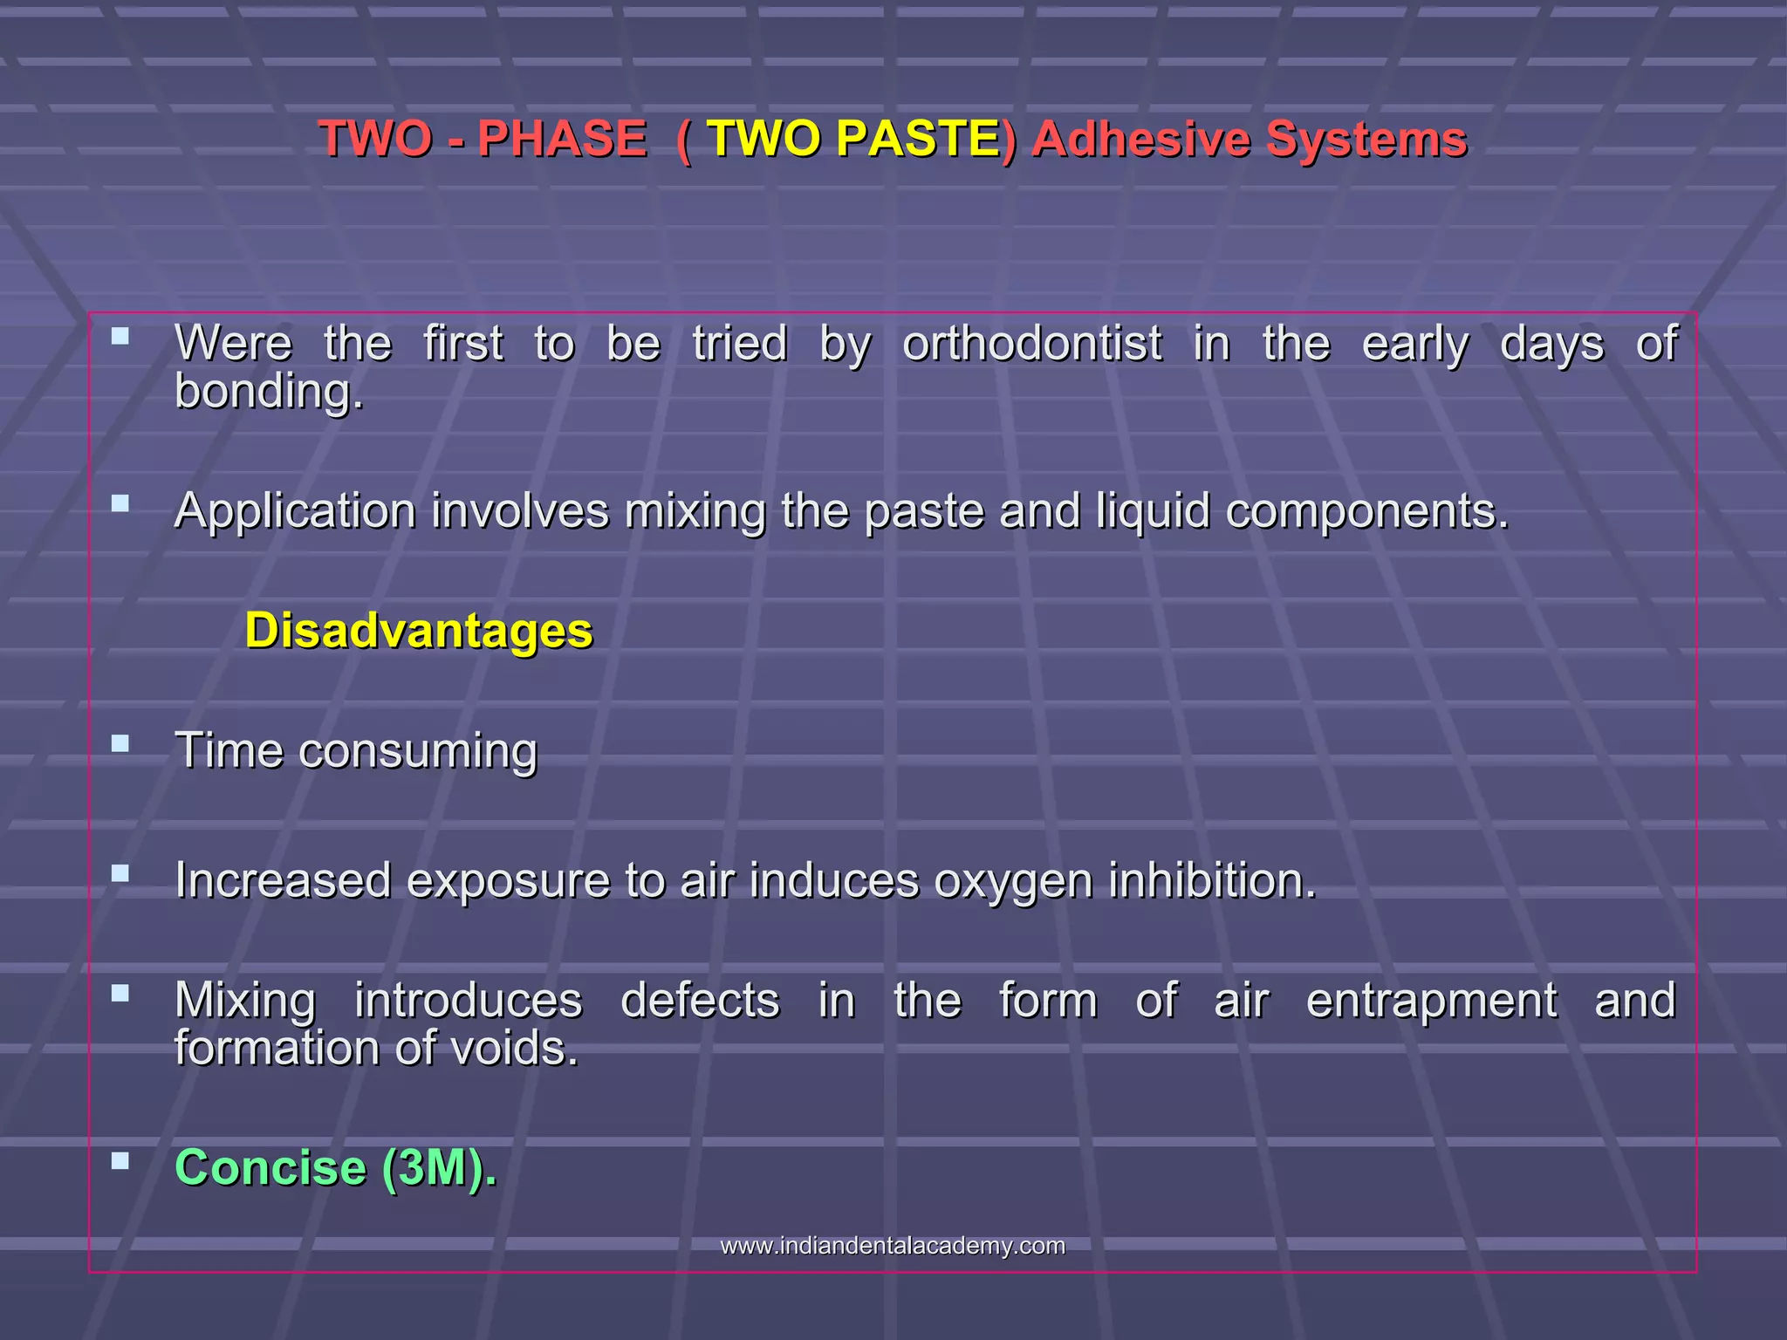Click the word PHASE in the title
(562, 139)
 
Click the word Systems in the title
(1366, 139)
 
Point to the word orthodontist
(1031, 344)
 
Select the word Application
(295, 511)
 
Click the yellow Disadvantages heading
(419, 630)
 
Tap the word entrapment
(1431, 1000)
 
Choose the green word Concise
(270, 1167)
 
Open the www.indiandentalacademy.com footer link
(893, 1246)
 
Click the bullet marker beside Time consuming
(120, 744)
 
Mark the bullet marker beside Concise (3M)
(120, 1161)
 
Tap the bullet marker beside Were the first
(120, 335)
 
